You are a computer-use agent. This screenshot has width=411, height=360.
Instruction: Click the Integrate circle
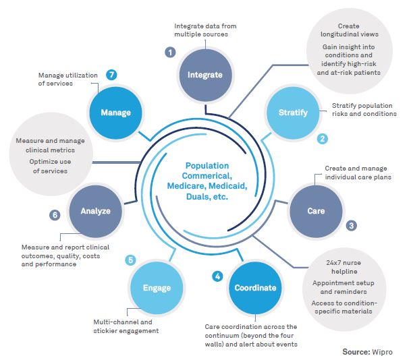click(x=205, y=75)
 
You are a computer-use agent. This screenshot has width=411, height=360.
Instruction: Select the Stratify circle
click(x=294, y=113)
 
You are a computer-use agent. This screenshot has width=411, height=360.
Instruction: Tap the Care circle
click(x=316, y=210)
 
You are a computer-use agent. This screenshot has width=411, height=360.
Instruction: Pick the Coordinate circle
click(x=255, y=288)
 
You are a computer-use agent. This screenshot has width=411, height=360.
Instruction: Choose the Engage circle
click(x=157, y=288)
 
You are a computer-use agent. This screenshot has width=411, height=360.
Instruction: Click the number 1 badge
click(x=171, y=52)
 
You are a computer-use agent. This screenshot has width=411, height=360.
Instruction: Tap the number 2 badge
click(x=323, y=138)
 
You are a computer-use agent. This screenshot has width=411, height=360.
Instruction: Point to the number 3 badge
click(x=352, y=225)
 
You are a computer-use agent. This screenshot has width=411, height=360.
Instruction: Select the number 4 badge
click(x=217, y=275)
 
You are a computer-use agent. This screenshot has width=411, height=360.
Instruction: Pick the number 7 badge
click(x=111, y=74)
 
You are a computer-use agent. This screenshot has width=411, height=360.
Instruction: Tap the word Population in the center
click(x=206, y=165)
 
